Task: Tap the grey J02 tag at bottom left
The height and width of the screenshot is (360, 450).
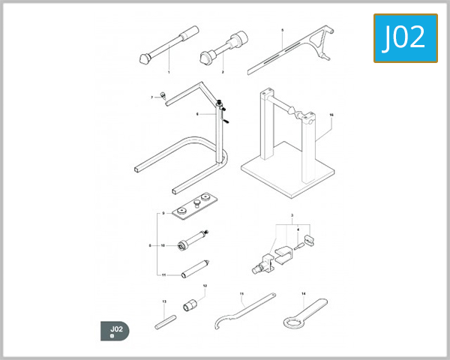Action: [x=115, y=330]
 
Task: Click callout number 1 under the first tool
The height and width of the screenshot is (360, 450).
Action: [x=169, y=72]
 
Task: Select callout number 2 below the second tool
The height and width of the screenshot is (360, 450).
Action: [x=223, y=72]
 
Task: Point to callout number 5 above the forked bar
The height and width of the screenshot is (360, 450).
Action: [x=282, y=31]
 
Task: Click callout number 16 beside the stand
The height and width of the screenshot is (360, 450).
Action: [x=331, y=115]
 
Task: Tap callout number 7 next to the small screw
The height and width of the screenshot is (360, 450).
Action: [x=153, y=97]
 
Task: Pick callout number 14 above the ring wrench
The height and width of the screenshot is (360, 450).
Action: [x=303, y=293]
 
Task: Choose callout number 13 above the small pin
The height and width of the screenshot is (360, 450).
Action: [x=163, y=301]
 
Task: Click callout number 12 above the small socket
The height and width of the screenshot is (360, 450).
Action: [x=204, y=286]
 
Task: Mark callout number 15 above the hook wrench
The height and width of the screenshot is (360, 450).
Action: [x=241, y=293]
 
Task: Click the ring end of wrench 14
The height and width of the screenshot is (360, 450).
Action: [x=289, y=322]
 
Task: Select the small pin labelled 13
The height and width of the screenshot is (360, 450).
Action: [x=164, y=323]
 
